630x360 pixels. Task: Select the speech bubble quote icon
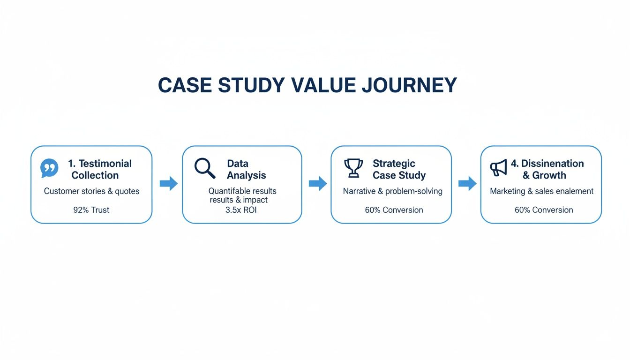click(x=50, y=168)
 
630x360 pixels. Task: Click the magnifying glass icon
click(x=205, y=168)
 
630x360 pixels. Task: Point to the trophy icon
click(x=353, y=168)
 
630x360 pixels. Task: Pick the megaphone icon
click(x=498, y=168)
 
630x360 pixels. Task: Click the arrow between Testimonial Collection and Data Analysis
click(x=168, y=184)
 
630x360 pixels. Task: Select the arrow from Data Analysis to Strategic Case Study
click(x=317, y=184)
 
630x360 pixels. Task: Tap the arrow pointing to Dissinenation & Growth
click(x=467, y=184)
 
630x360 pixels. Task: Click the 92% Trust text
click(x=91, y=210)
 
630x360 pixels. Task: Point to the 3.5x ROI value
click(x=241, y=210)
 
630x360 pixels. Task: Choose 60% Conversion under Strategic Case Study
click(x=394, y=210)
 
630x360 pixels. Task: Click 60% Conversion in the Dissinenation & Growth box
click(x=544, y=210)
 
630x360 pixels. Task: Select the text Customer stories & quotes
click(x=91, y=191)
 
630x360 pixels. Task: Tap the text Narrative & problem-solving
click(x=392, y=191)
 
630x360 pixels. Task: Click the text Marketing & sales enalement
click(x=541, y=191)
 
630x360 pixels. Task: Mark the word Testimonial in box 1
click(x=105, y=164)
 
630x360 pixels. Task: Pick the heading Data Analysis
click(x=246, y=169)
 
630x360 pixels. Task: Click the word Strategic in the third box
click(x=394, y=164)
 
